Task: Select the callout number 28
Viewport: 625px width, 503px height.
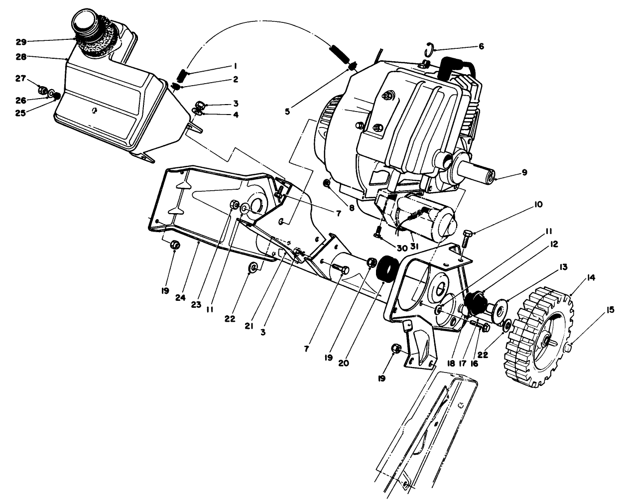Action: coord(20,57)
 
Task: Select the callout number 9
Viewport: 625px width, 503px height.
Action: coord(524,173)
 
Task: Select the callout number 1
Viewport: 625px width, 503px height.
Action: coord(235,65)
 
